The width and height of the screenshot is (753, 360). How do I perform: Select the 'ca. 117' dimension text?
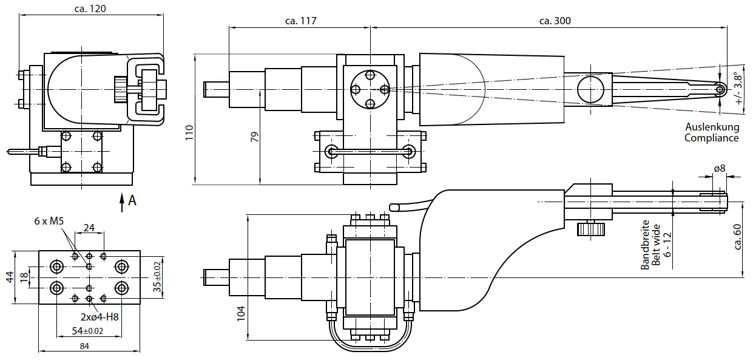[x=300, y=21]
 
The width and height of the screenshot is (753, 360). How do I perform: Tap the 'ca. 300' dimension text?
[x=554, y=21]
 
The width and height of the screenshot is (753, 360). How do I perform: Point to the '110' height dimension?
[x=189, y=132]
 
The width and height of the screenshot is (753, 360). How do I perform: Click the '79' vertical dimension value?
[x=254, y=137]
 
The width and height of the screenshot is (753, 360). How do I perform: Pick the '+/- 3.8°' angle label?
[x=738, y=89]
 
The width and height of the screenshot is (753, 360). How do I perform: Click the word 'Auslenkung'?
[x=712, y=127]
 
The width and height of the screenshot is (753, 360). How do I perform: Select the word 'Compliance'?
[x=711, y=138]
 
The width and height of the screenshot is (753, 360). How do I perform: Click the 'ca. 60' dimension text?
[x=738, y=236]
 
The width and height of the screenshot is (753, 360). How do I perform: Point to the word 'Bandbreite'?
[x=646, y=245]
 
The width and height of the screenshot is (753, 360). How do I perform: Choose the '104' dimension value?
[x=241, y=313]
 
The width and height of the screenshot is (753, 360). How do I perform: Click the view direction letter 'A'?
[x=132, y=201]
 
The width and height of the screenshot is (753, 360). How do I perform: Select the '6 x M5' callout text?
[x=49, y=221]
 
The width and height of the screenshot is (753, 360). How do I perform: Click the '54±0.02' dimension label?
[x=88, y=331]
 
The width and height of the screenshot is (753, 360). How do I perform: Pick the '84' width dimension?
[x=84, y=346]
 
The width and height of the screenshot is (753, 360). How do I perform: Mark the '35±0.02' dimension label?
[x=157, y=277]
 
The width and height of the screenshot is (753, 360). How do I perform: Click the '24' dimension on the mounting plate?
[x=89, y=228]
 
